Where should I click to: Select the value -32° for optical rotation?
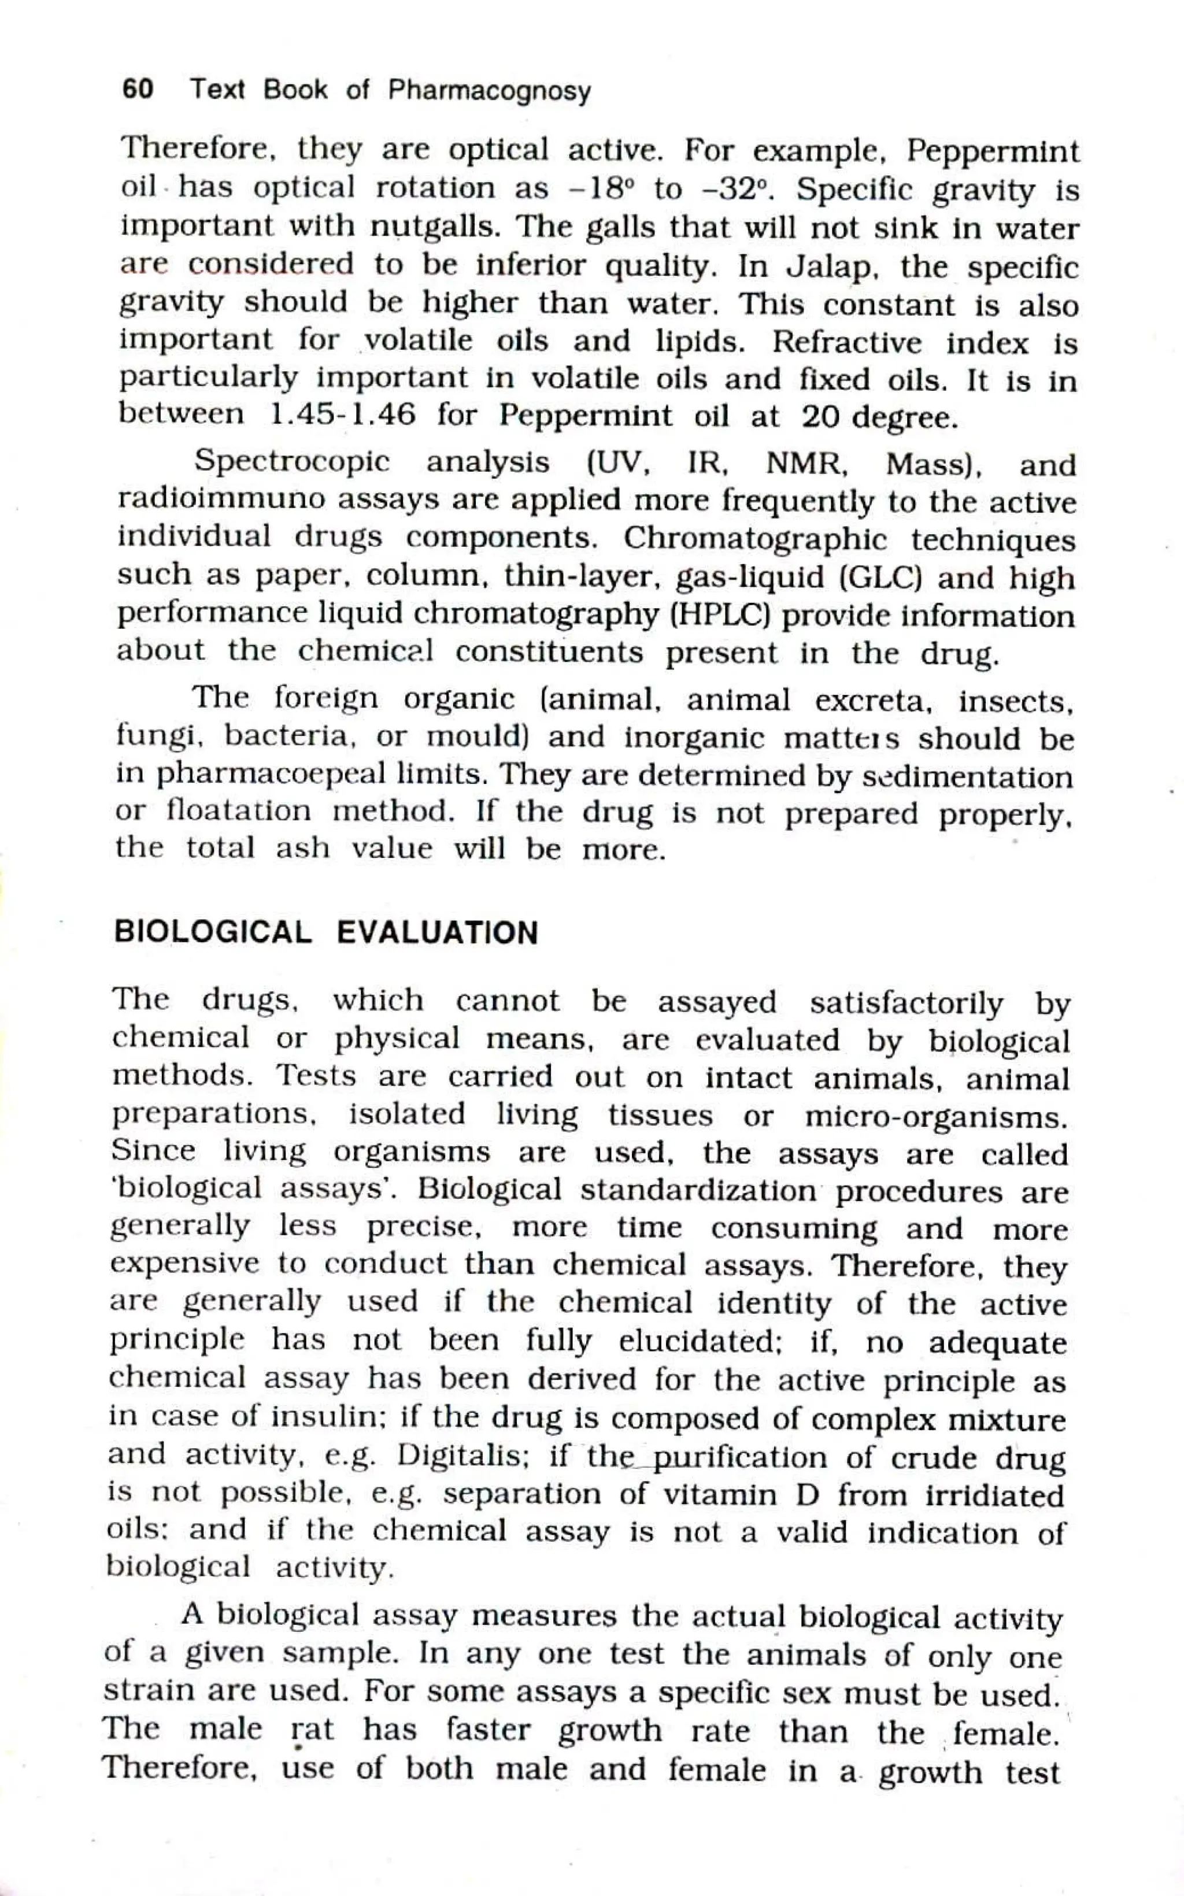(x=732, y=190)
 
